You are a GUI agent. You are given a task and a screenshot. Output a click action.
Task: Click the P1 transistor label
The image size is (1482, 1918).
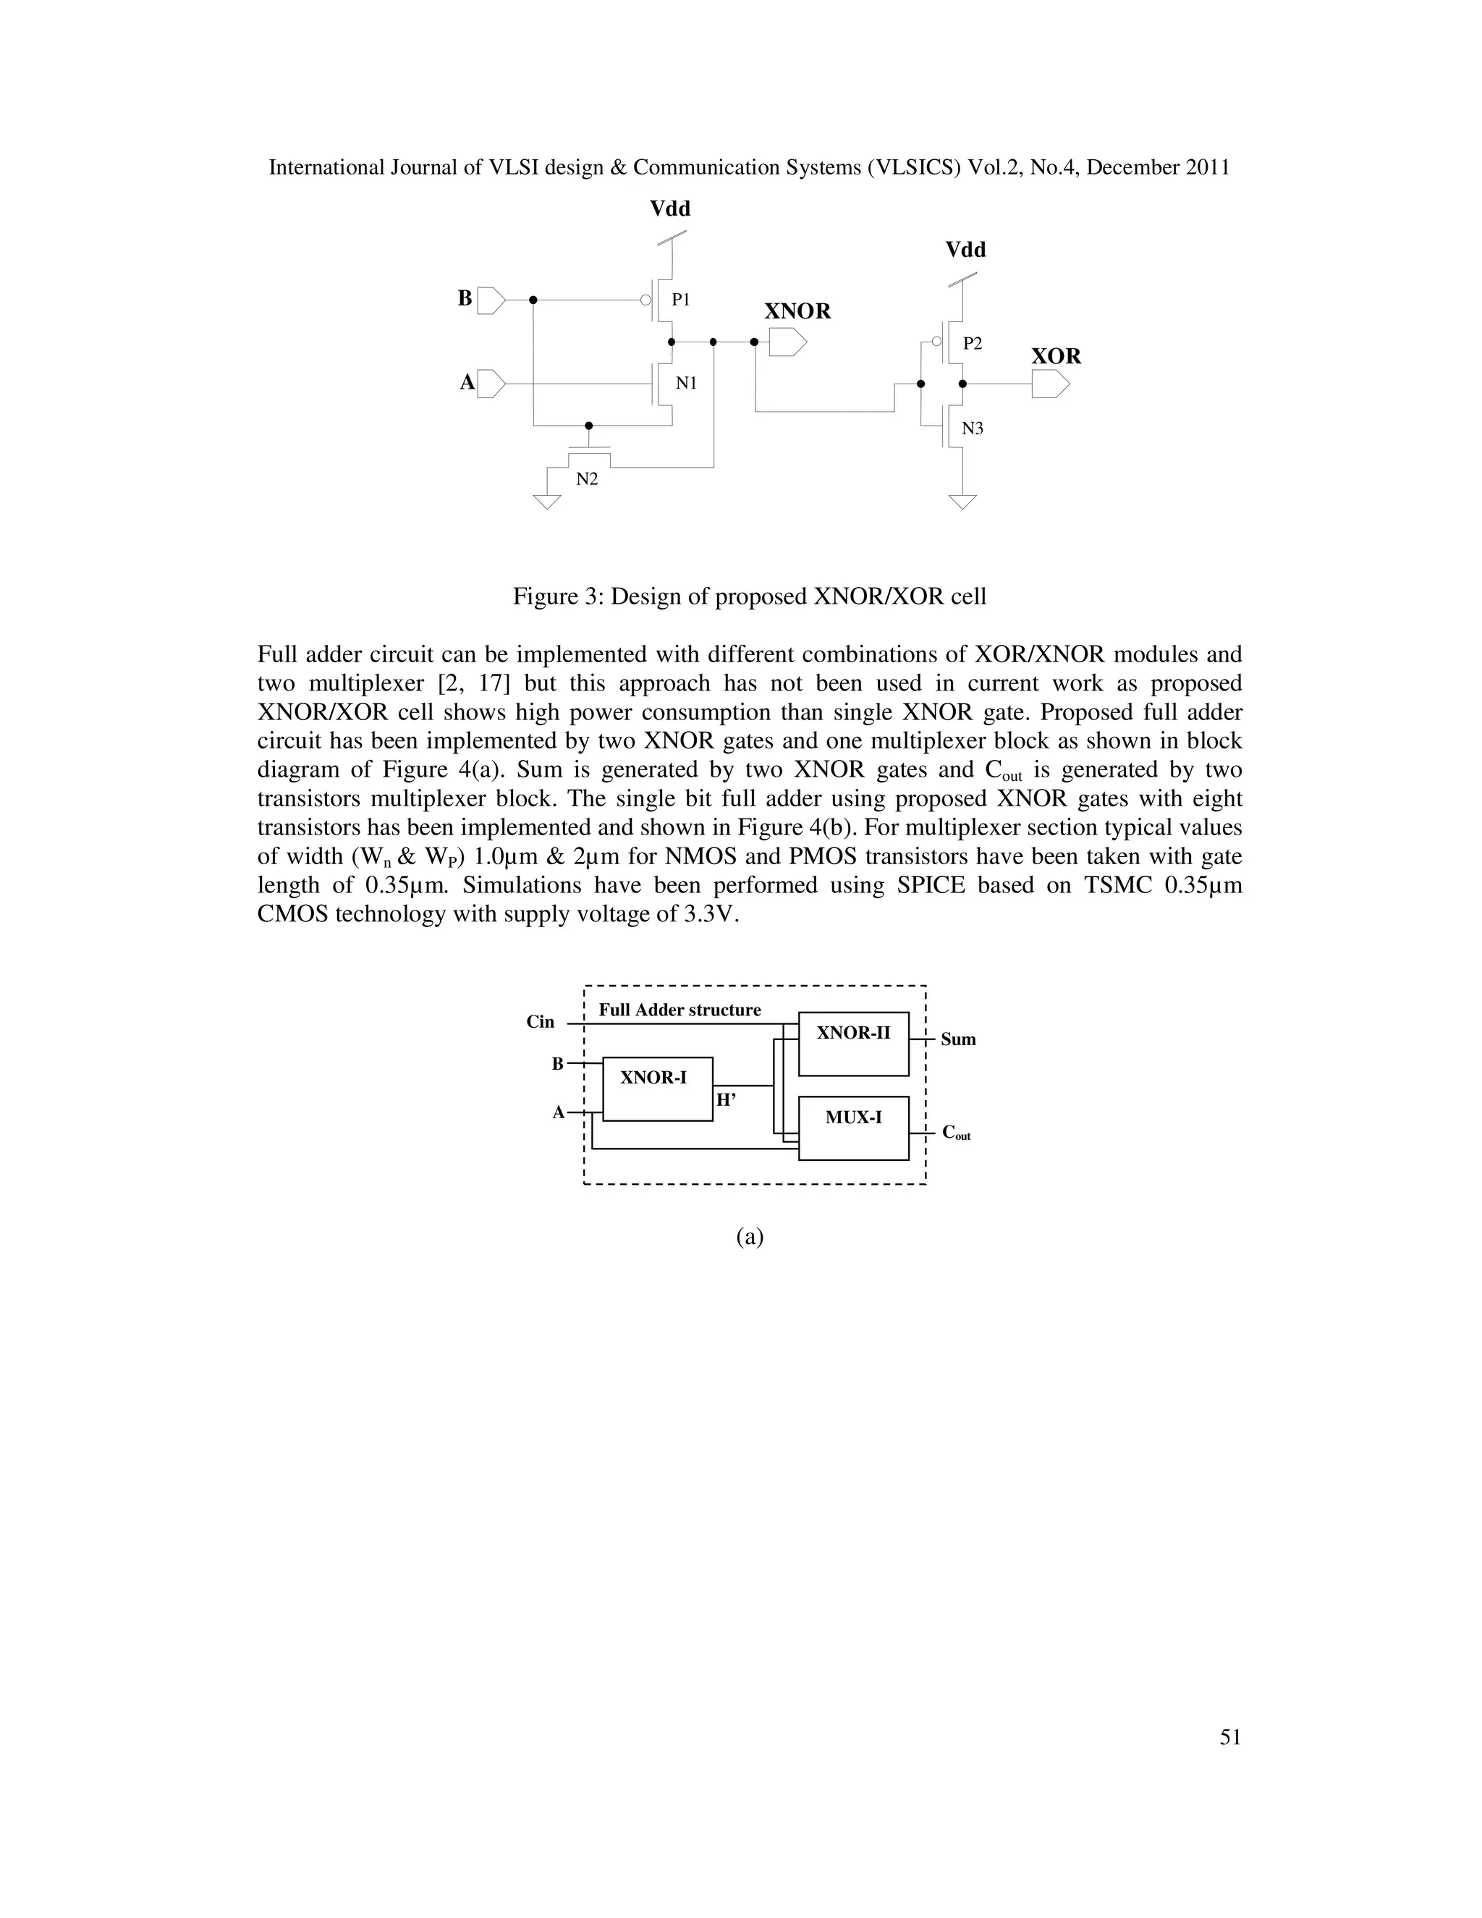[x=680, y=300]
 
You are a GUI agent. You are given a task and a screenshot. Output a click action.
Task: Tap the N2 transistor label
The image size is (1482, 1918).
[x=586, y=479]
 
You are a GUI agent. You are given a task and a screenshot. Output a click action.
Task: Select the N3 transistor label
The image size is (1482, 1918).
[x=972, y=428]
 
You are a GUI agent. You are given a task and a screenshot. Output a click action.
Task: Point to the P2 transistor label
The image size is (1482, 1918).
[x=972, y=343]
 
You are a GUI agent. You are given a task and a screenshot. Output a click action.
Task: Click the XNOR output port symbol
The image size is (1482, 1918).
[x=787, y=342]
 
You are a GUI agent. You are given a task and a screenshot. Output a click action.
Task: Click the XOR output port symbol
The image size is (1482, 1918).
[x=1050, y=384]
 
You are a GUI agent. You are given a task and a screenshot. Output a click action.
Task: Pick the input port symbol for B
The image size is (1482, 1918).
[x=491, y=300]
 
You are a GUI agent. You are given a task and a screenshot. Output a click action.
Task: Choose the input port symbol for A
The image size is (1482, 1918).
[x=491, y=384]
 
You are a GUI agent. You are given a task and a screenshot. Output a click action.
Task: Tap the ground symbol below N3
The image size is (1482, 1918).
[x=962, y=502]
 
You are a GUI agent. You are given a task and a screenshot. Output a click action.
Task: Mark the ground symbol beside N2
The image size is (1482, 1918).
[x=547, y=502]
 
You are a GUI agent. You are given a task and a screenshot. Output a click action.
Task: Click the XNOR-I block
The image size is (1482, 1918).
[x=658, y=1089]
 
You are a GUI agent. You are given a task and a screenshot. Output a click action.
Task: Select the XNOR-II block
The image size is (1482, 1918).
[x=852, y=1043]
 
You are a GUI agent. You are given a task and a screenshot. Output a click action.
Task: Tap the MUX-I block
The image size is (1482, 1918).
[x=852, y=1128]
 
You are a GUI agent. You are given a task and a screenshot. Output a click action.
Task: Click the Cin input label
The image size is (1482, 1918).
[x=540, y=1021]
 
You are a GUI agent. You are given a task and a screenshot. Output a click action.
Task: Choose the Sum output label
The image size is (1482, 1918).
[x=958, y=1040]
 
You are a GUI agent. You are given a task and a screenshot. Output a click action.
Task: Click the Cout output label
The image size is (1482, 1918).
[x=956, y=1133]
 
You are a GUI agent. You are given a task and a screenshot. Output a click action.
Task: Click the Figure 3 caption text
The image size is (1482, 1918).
[x=749, y=596]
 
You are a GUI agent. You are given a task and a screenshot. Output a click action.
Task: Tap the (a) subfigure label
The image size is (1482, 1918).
[x=749, y=1236]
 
